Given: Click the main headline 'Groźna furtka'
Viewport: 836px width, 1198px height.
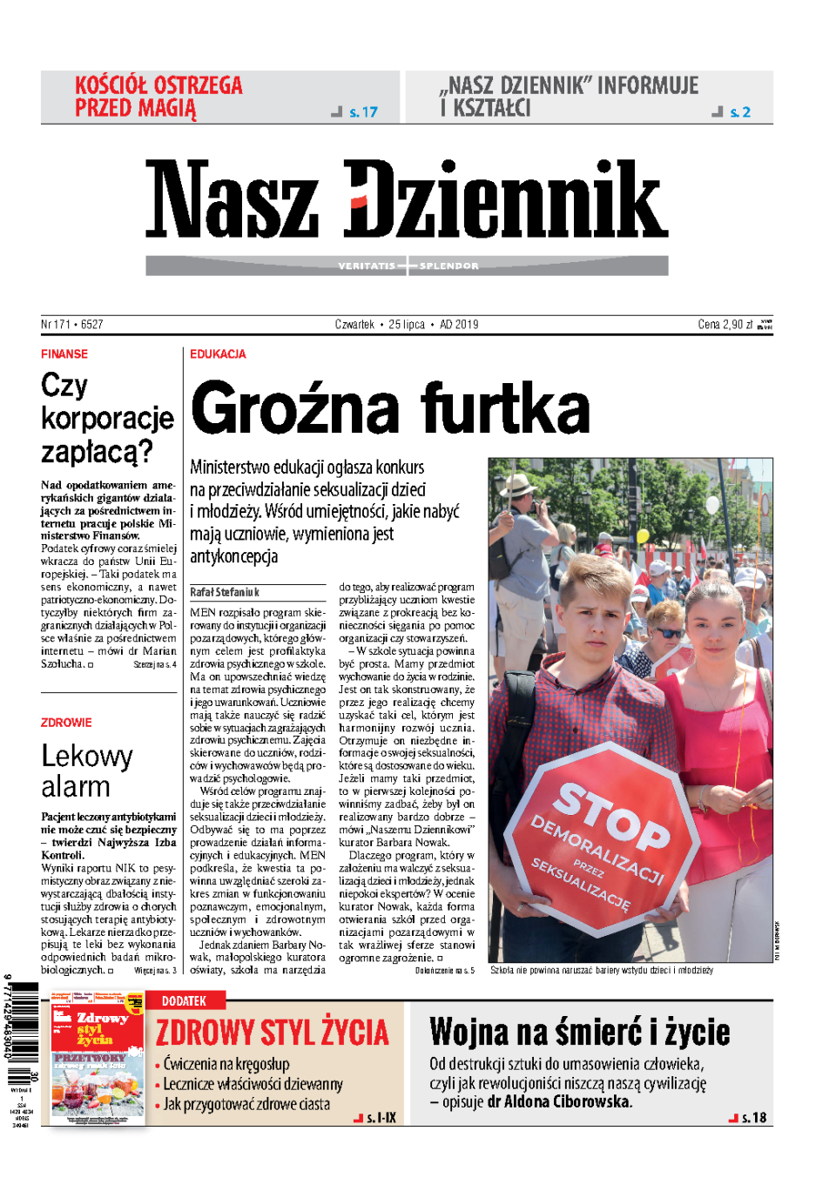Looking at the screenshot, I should [x=390, y=408].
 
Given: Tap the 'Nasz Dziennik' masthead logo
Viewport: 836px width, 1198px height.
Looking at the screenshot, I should [x=406, y=199].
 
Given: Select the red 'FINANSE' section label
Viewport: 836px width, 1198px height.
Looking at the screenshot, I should [x=64, y=354].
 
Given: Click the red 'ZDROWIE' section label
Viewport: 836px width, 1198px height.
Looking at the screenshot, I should [x=66, y=723].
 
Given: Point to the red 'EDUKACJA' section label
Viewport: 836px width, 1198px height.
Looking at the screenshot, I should [x=218, y=354].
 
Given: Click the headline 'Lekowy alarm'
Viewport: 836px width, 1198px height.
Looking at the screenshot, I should [x=86, y=771].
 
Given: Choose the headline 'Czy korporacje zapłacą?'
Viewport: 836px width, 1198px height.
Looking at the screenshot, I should [x=106, y=419].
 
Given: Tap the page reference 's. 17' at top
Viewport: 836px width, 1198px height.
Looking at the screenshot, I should [x=363, y=112].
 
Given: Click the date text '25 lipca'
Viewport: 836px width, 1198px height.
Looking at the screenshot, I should [x=407, y=325].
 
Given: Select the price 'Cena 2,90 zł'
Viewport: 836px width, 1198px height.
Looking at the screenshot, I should [x=725, y=325].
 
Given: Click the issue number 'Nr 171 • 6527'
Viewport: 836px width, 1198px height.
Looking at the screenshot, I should [x=72, y=325].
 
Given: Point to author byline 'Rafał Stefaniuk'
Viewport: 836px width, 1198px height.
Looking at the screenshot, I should [x=225, y=592].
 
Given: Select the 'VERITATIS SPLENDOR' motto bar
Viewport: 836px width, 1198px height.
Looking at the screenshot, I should [x=407, y=266].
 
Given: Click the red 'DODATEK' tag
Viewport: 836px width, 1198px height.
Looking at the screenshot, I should [x=184, y=1001].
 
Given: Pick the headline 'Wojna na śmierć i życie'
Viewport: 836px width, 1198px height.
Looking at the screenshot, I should [x=579, y=1033].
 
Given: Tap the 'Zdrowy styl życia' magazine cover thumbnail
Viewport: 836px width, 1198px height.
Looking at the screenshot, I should [x=97, y=1057].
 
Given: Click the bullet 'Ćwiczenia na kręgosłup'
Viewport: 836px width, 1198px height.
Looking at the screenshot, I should [x=226, y=1064].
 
